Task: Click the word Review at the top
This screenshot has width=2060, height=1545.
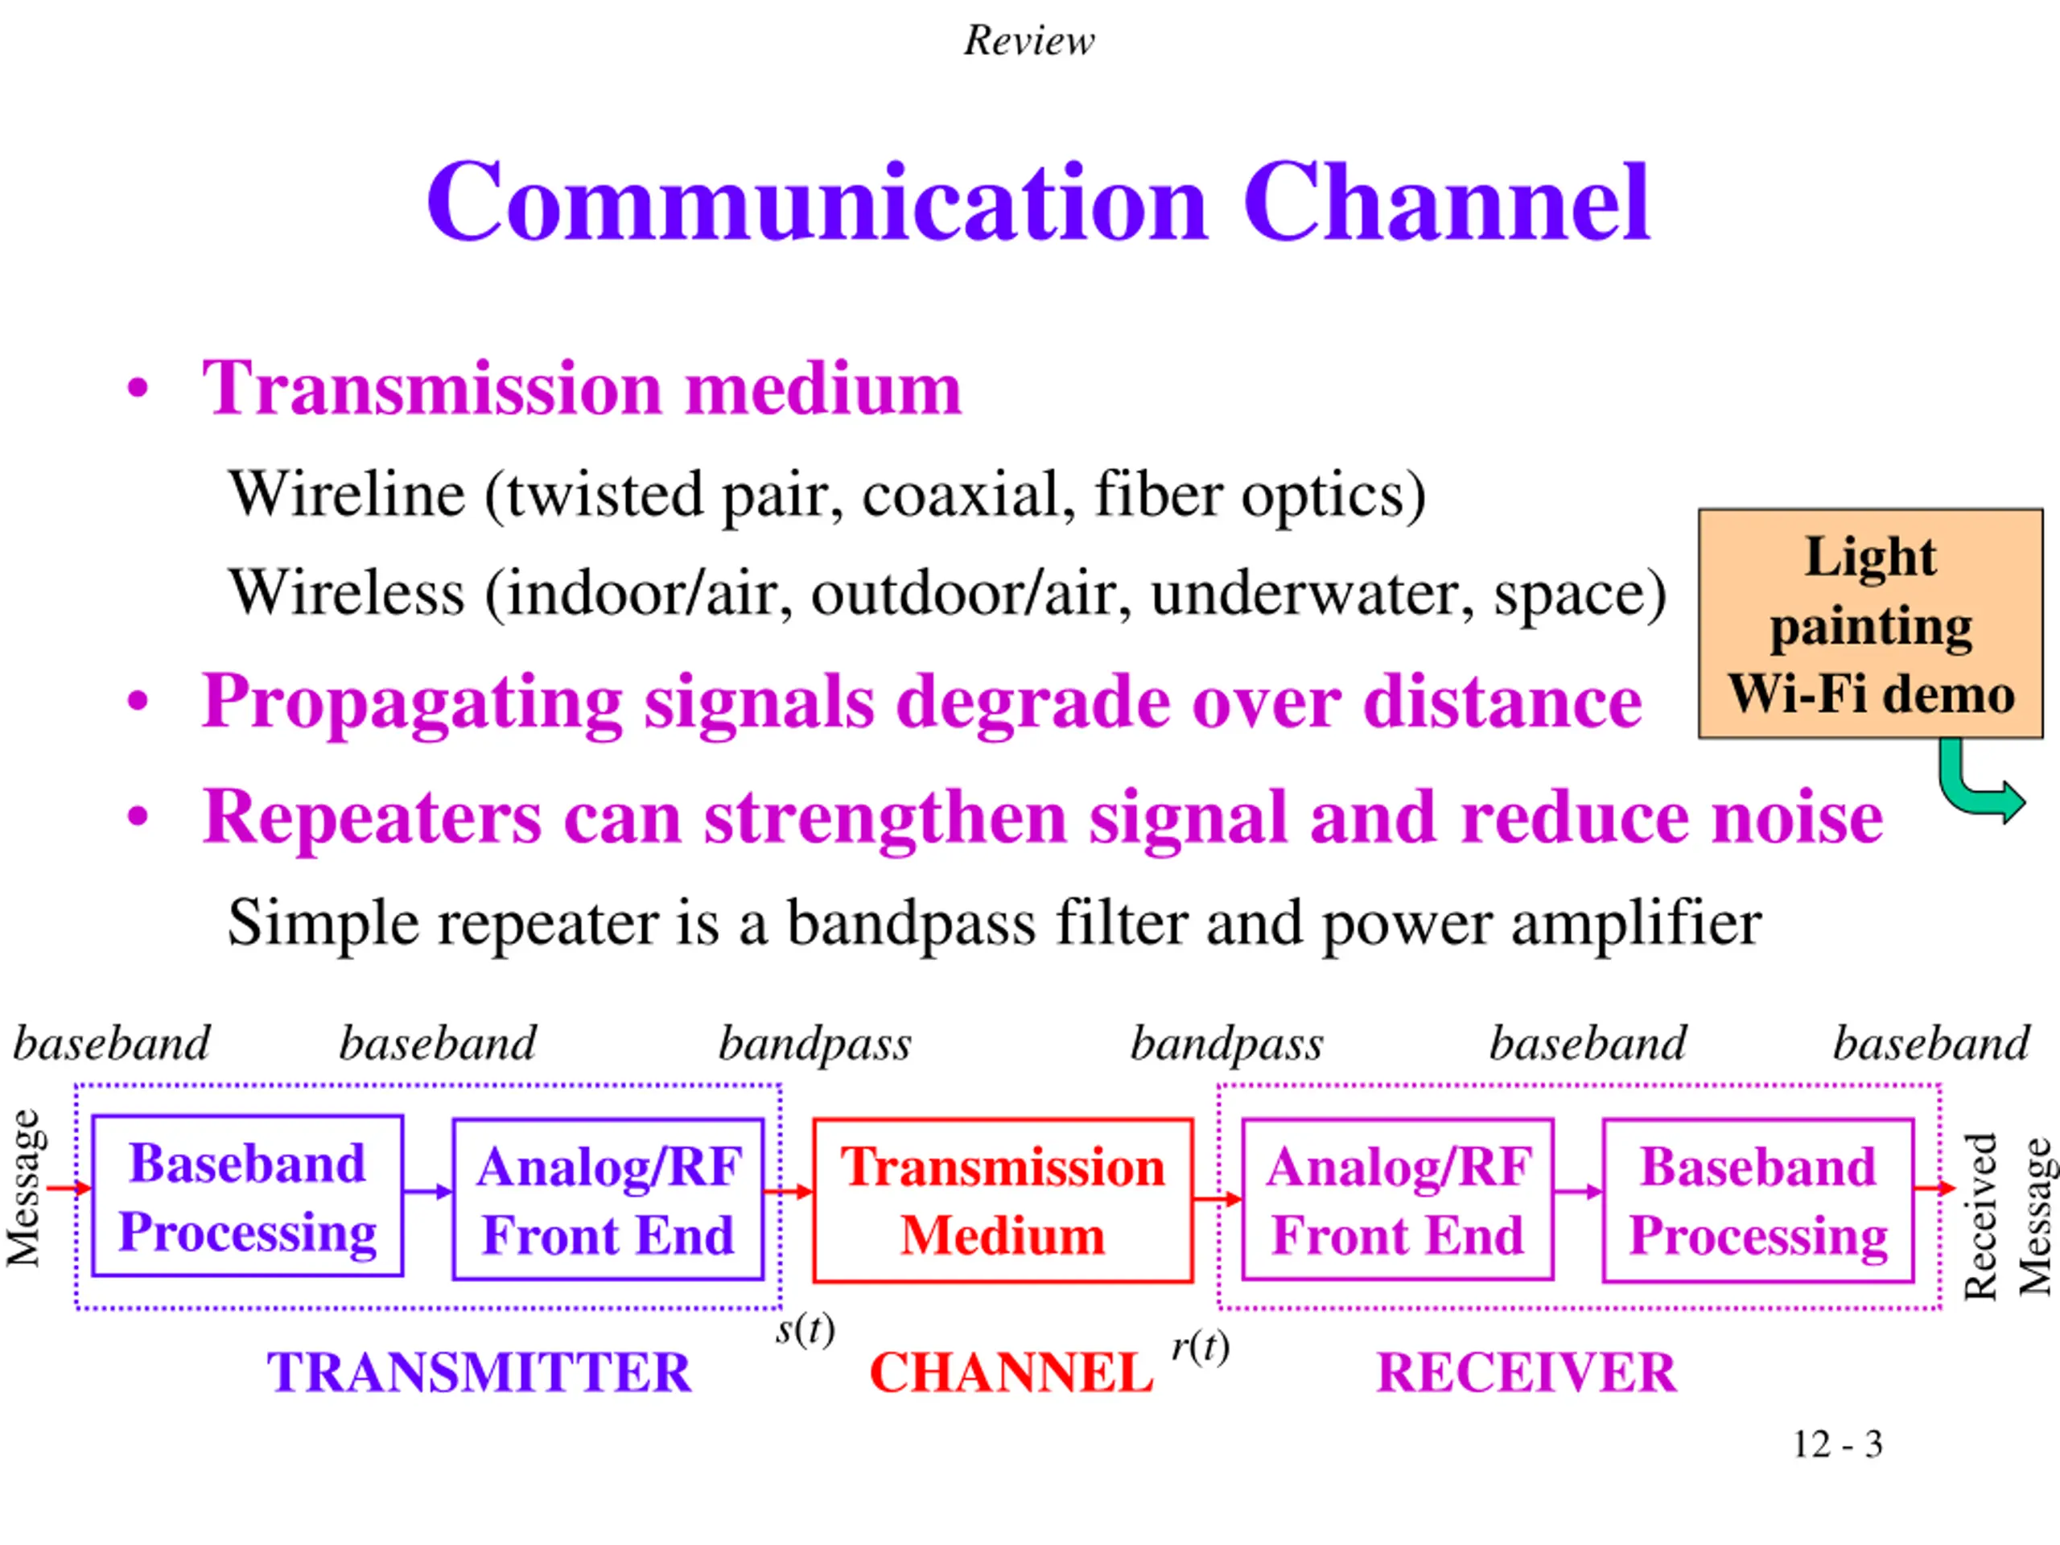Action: [x=1029, y=40]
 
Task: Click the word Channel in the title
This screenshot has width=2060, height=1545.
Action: [x=1445, y=203]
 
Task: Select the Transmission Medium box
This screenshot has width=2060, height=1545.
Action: [x=1002, y=1201]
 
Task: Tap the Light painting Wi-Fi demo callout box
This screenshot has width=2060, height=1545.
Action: [x=1870, y=623]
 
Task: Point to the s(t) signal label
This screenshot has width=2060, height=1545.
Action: [x=805, y=1329]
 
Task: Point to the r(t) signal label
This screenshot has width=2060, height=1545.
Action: [x=1200, y=1346]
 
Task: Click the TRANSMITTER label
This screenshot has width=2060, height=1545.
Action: [x=479, y=1372]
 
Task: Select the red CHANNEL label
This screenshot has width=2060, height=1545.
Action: [x=1011, y=1373]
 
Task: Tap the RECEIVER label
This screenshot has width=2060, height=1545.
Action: [x=1526, y=1372]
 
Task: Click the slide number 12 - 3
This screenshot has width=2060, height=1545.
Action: [x=1836, y=1444]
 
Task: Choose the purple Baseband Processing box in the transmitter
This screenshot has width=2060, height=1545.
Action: [x=248, y=1197]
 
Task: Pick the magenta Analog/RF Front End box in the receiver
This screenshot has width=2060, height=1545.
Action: [x=1397, y=1201]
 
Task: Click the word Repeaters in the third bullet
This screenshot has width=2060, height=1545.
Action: [x=372, y=817]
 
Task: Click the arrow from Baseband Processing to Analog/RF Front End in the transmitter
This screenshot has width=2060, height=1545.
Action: [x=427, y=1192]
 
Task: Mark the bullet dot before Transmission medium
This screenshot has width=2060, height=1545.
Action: [x=138, y=389]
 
